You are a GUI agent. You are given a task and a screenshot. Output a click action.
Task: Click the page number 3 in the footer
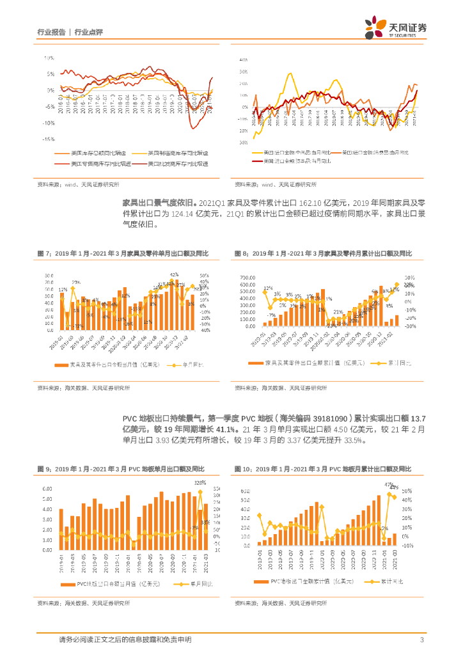click(x=422, y=640)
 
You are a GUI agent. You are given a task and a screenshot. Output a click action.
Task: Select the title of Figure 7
click(x=122, y=255)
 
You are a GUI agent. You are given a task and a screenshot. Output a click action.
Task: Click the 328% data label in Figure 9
click(x=200, y=482)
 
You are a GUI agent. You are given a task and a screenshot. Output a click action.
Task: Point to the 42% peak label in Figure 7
click(x=173, y=274)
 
